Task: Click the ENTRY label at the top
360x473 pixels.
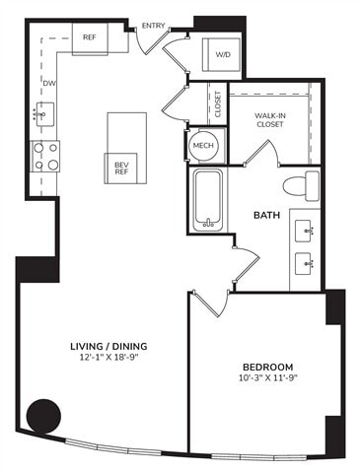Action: pyautogui.click(x=153, y=26)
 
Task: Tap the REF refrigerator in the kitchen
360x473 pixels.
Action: pyautogui.click(x=102, y=38)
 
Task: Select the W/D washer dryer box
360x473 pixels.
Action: pyautogui.click(x=223, y=55)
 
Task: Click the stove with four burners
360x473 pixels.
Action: pyautogui.click(x=45, y=154)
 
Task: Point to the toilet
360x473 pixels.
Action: pyautogui.click(x=301, y=183)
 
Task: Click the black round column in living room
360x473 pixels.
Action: pyautogui.click(x=43, y=415)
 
